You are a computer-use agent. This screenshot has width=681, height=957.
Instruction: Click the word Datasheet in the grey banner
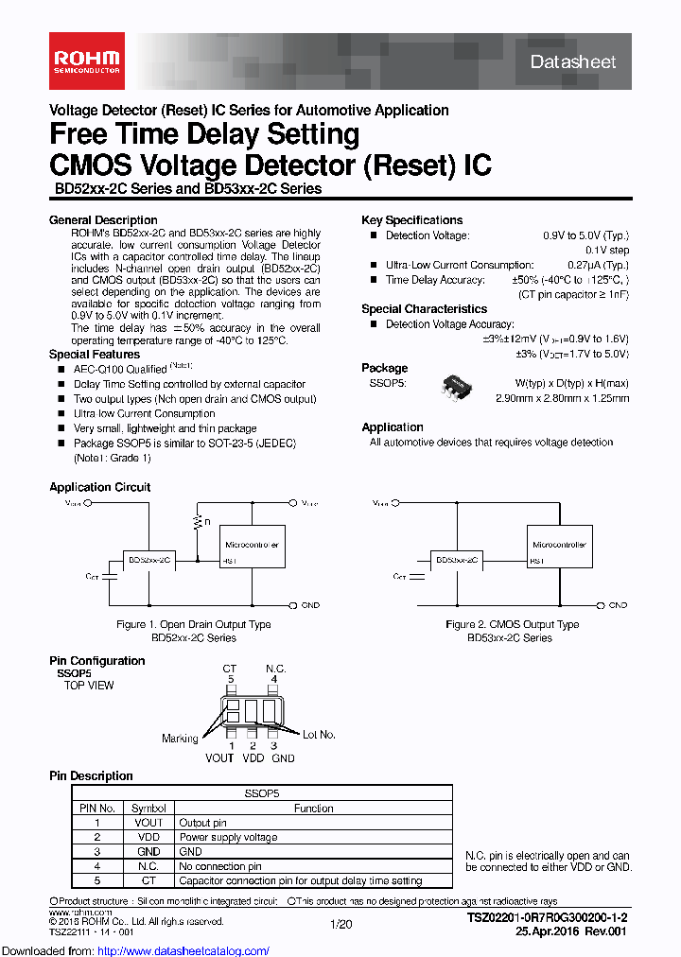click(573, 62)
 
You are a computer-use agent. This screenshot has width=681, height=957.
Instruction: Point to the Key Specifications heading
click(411, 220)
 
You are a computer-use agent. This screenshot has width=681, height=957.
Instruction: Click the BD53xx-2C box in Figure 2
click(458, 561)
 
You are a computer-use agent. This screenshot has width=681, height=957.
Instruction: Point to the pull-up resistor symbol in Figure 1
click(198, 521)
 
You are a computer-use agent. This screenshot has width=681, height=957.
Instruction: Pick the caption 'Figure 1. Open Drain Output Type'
click(194, 624)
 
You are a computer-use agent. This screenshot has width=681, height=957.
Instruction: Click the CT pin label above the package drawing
click(230, 670)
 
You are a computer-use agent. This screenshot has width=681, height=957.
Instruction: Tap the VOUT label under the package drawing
click(219, 757)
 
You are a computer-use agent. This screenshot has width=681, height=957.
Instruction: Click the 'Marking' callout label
click(180, 739)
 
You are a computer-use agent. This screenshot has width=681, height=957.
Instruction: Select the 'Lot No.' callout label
click(319, 735)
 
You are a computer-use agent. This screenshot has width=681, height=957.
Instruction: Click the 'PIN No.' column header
click(97, 809)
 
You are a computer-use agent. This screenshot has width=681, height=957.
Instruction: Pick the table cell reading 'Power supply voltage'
click(228, 837)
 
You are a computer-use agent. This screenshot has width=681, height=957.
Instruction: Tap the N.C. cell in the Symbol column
click(148, 866)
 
